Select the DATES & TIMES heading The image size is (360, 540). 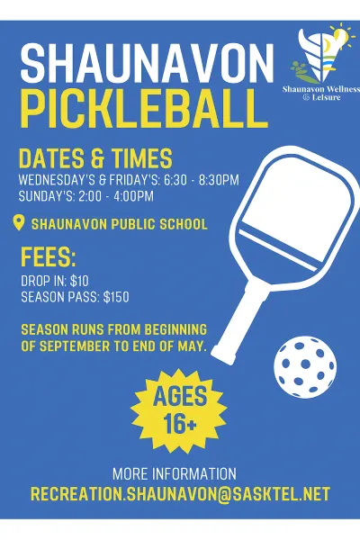tap(95, 159)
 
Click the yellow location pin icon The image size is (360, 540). tap(19, 223)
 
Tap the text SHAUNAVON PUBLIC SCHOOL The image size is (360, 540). tap(119, 224)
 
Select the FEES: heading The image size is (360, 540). tap(49, 258)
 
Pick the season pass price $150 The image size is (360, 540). tap(112, 297)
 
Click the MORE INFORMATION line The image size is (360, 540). tap(175, 473)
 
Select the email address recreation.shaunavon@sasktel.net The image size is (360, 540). tap(180, 494)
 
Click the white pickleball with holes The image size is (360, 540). tap(304, 366)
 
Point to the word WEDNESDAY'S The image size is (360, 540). tap(55, 180)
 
